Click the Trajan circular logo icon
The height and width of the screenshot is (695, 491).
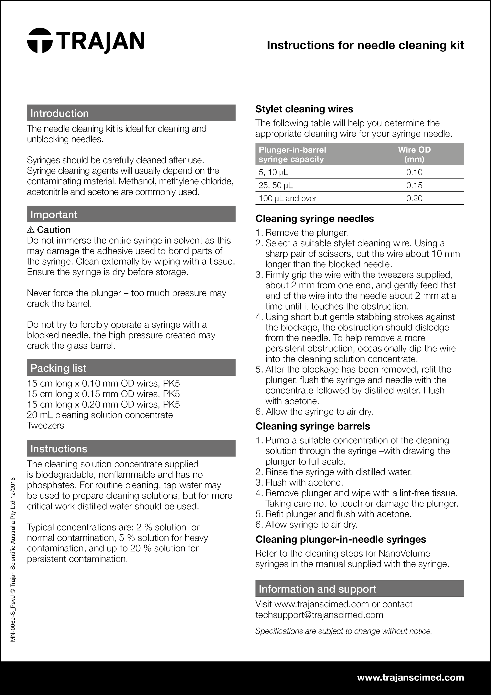tap(40, 41)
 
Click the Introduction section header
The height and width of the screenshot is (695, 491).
tap(131, 113)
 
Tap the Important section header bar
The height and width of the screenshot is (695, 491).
tap(131, 214)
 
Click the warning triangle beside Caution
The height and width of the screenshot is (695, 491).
tap(31, 230)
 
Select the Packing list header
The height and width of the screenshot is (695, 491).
tap(131, 368)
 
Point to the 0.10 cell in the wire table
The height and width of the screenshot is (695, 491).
tap(414, 172)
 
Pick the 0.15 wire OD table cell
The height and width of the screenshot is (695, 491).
tap(414, 185)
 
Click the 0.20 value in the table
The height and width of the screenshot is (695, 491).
tap(414, 198)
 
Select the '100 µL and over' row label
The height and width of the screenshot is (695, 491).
tap(287, 198)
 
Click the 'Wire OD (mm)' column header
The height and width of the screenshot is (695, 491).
tap(414, 154)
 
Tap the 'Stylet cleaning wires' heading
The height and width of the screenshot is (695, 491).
tap(304, 109)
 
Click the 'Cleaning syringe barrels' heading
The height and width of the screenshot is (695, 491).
tap(313, 426)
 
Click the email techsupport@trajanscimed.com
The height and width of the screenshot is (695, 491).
tap(319, 614)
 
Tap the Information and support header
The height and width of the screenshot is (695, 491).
tap(359, 589)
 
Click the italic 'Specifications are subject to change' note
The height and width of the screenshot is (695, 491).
tap(343, 631)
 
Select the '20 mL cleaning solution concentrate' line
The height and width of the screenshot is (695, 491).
tap(100, 415)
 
